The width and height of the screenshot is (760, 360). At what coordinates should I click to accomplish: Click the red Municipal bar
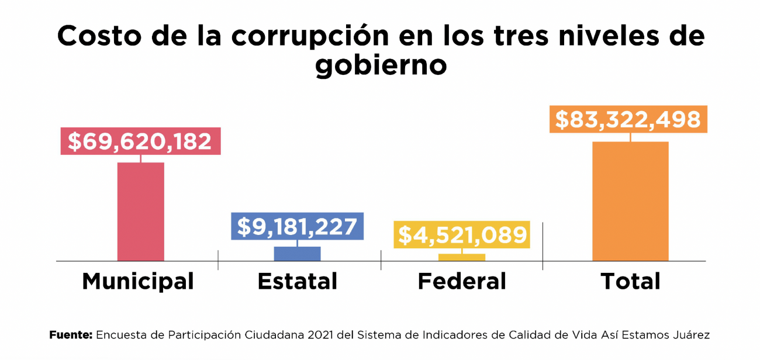tap(140, 211)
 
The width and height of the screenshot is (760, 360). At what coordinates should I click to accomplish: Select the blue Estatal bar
tap(297, 254)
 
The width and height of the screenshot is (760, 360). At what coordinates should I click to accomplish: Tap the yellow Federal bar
tap(461, 257)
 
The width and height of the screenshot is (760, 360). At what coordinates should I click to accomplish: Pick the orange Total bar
tap(630, 201)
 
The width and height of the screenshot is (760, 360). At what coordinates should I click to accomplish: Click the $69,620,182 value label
tap(140, 141)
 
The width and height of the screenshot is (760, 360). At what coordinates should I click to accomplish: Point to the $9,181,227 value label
tap(297, 226)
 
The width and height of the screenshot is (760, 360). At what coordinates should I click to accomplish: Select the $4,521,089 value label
tap(461, 235)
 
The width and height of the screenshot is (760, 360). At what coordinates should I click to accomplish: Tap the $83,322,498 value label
tap(628, 119)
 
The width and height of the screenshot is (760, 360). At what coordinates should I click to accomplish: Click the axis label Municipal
tap(138, 282)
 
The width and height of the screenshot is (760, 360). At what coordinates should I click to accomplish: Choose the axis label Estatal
tap(298, 282)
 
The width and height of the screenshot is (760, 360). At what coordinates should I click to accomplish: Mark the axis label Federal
tap(462, 282)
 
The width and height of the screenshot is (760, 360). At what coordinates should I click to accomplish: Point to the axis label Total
tap(630, 282)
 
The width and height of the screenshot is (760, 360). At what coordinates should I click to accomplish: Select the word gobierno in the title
tap(381, 65)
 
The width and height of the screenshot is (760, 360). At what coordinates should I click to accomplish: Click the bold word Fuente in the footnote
tap(71, 335)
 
